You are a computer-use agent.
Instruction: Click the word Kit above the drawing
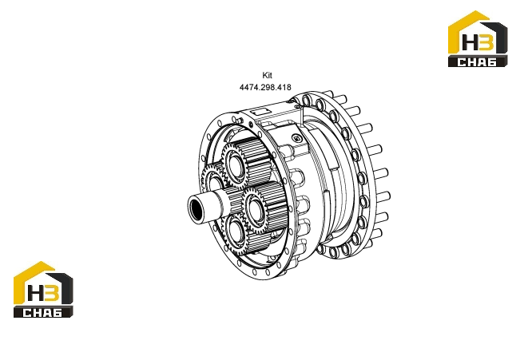pyautogui.click(x=267, y=75)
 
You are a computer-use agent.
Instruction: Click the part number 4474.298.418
pyautogui.click(x=265, y=87)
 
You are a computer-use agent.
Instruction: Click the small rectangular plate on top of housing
pyautogui.click(x=260, y=110)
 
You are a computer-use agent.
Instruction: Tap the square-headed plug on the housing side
pyautogui.click(x=296, y=138)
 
